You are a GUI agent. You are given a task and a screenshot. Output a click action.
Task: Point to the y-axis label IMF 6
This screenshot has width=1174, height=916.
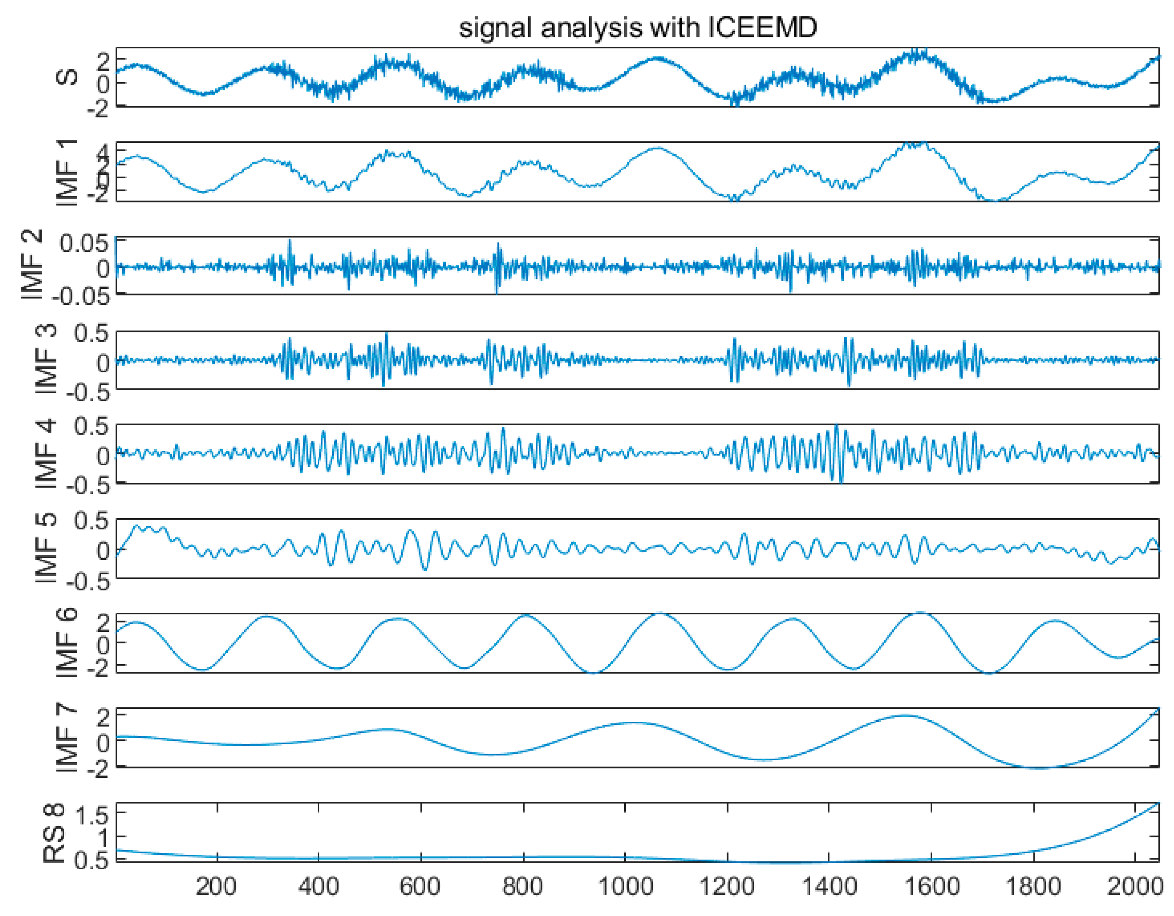68,643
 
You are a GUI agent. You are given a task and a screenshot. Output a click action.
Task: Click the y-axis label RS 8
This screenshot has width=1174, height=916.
54,833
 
